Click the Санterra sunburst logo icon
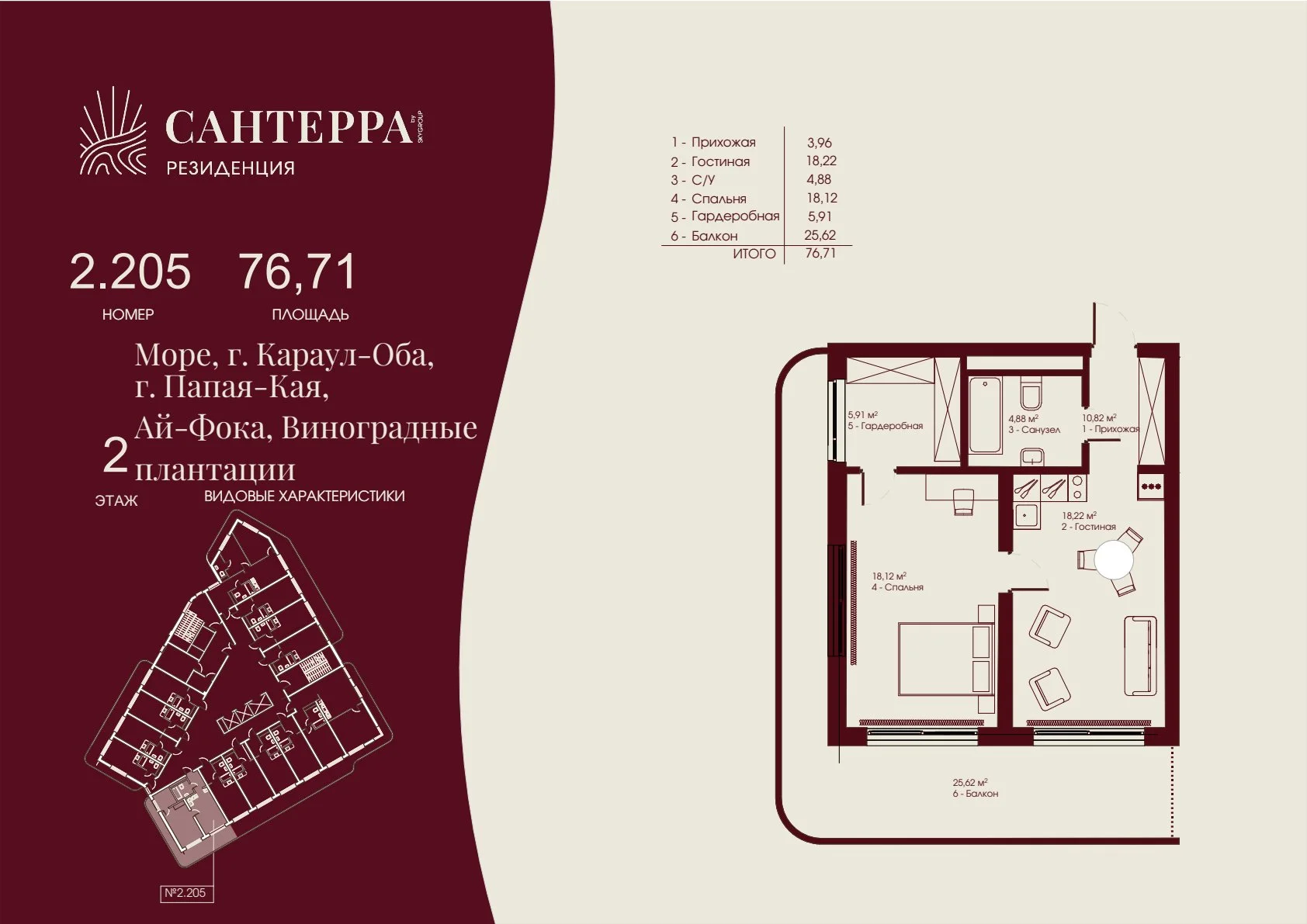pos(113,132)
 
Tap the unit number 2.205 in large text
pos(130,272)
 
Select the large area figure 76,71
pos(297,272)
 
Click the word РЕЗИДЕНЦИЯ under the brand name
pos(231,168)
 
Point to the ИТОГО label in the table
pos(754,254)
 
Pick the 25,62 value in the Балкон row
pos(820,235)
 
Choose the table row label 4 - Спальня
pos(709,199)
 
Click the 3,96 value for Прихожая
pos(820,142)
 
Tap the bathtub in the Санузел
pos(985,415)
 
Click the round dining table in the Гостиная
pos(1113,559)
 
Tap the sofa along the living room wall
pos(1141,656)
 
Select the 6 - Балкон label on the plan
pos(975,794)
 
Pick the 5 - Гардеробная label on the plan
pos(885,426)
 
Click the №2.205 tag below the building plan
pos(185,893)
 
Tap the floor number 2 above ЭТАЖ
pos(115,457)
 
